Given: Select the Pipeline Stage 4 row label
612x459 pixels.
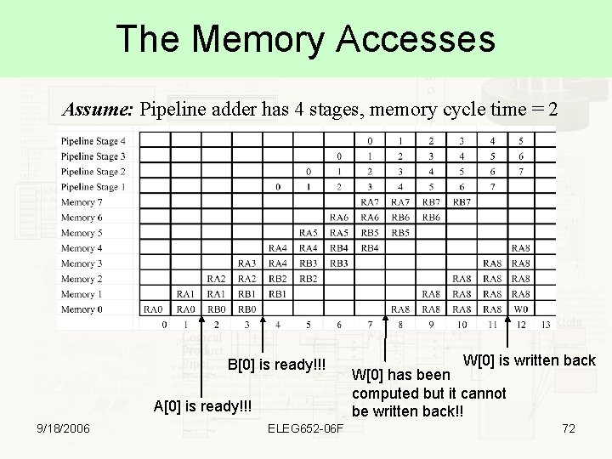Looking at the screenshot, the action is [93, 141].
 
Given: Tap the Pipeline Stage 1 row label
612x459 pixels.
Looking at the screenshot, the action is [93, 187].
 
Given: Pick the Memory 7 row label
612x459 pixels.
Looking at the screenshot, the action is [82, 202].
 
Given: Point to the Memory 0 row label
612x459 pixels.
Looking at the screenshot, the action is [82, 309].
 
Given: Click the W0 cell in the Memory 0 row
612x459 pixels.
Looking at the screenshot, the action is [521, 309].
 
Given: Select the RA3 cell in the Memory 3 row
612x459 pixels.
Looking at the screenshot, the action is [246, 263].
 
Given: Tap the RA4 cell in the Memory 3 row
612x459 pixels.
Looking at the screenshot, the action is [277, 263].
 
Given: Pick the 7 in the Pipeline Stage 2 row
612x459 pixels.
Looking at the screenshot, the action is [521, 172].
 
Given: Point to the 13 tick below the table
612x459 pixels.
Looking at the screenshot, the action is [545, 326].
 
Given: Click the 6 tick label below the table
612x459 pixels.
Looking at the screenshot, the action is [339, 326].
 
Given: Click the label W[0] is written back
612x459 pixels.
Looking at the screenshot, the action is [529, 360].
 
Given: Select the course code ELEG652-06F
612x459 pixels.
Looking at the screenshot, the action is [306, 428].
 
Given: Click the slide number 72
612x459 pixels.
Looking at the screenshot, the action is [568, 428].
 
